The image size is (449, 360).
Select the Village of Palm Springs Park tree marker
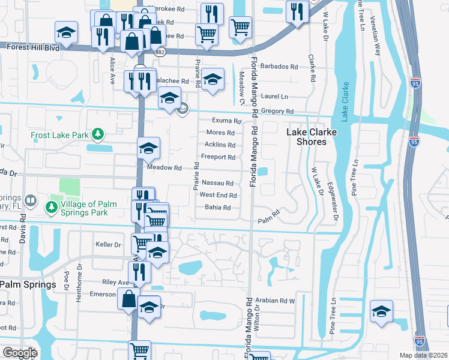click(52, 207)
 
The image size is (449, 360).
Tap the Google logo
click(20, 353)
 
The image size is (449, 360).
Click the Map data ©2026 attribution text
click(423, 355)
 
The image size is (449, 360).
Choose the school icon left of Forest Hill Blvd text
click(66, 32)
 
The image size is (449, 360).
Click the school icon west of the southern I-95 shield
click(381, 311)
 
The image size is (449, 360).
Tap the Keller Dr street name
click(109, 244)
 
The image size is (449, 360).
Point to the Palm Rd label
click(270, 214)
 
